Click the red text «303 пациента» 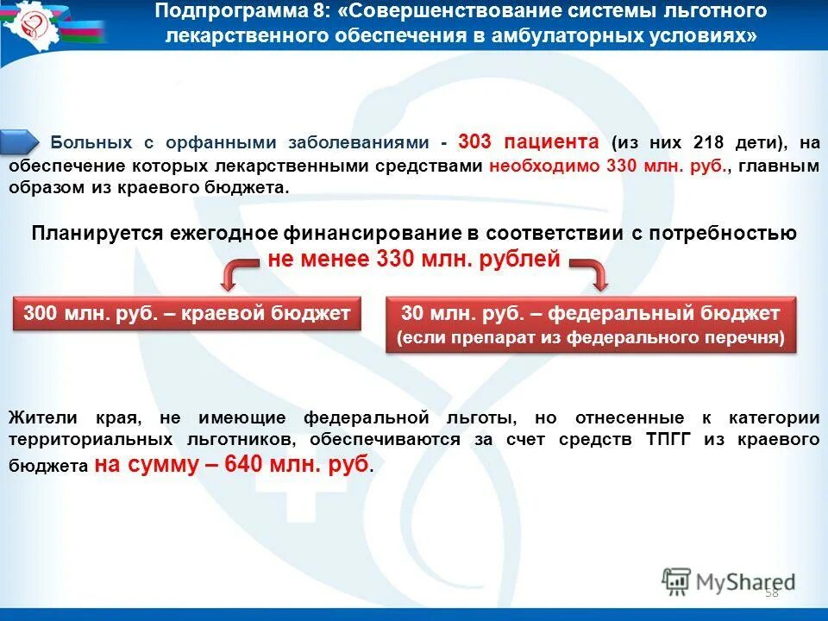click(528, 141)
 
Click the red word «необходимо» click(543, 166)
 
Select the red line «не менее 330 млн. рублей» click(413, 259)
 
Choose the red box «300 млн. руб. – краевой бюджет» click(187, 314)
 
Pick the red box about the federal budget click(590, 325)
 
